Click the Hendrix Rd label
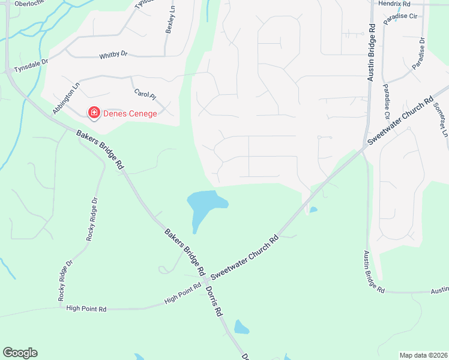(394, 4)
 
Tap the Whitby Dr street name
(113, 55)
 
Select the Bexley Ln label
(170, 22)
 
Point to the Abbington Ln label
(66, 98)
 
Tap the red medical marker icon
(94, 112)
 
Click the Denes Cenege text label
(130, 113)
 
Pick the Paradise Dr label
(418, 53)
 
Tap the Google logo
(20, 353)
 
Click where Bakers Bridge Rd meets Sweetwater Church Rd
(206, 280)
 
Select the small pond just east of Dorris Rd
(241, 327)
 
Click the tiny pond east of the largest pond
(313, 209)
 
